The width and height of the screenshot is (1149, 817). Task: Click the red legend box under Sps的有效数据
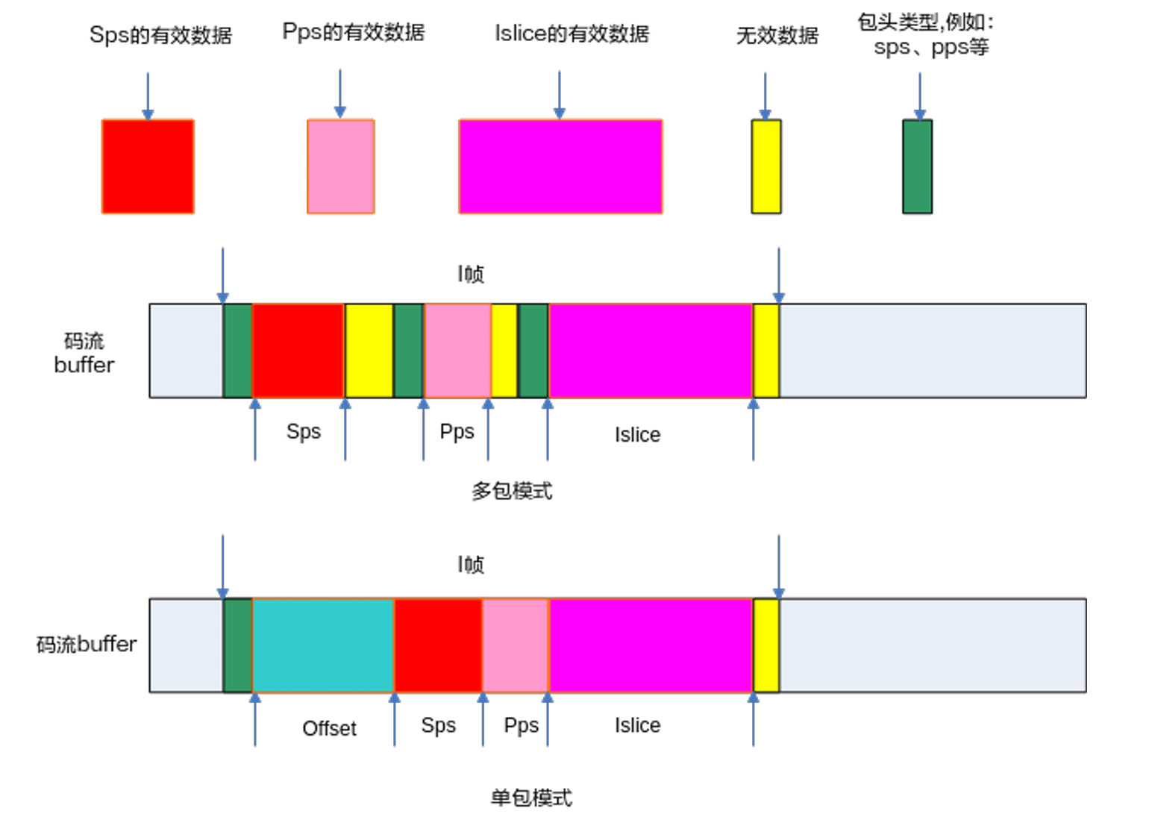pos(148,166)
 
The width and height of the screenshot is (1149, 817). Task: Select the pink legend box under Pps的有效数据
pos(340,166)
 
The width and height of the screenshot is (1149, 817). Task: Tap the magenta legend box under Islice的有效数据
pos(560,166)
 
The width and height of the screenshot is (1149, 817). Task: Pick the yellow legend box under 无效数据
pos(766,166)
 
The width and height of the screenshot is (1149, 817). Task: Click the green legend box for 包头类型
pos(917,166)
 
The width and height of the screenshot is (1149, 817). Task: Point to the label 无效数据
pos(777,35)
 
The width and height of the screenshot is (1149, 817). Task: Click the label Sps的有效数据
pos(160,35)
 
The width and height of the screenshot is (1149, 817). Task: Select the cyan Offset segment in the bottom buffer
pos(323,645)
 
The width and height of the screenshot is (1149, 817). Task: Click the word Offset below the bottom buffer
pos(329,728)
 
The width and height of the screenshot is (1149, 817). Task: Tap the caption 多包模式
pos(512,491)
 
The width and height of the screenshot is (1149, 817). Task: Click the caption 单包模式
pos(531,798)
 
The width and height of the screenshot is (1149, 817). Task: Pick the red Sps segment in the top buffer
pos(298,351)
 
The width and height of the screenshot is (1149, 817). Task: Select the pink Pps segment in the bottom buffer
pos(516,645)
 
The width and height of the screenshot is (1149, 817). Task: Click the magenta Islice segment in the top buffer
pos(651,351)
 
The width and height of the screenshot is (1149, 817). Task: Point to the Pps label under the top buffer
pos(457,432)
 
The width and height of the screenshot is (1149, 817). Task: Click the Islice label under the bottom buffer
pos(637,725)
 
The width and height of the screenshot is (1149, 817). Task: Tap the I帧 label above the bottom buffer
pos(471,564)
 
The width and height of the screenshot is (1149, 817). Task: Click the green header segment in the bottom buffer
pos(237,645)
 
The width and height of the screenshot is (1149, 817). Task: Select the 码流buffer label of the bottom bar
pos(87,644)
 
